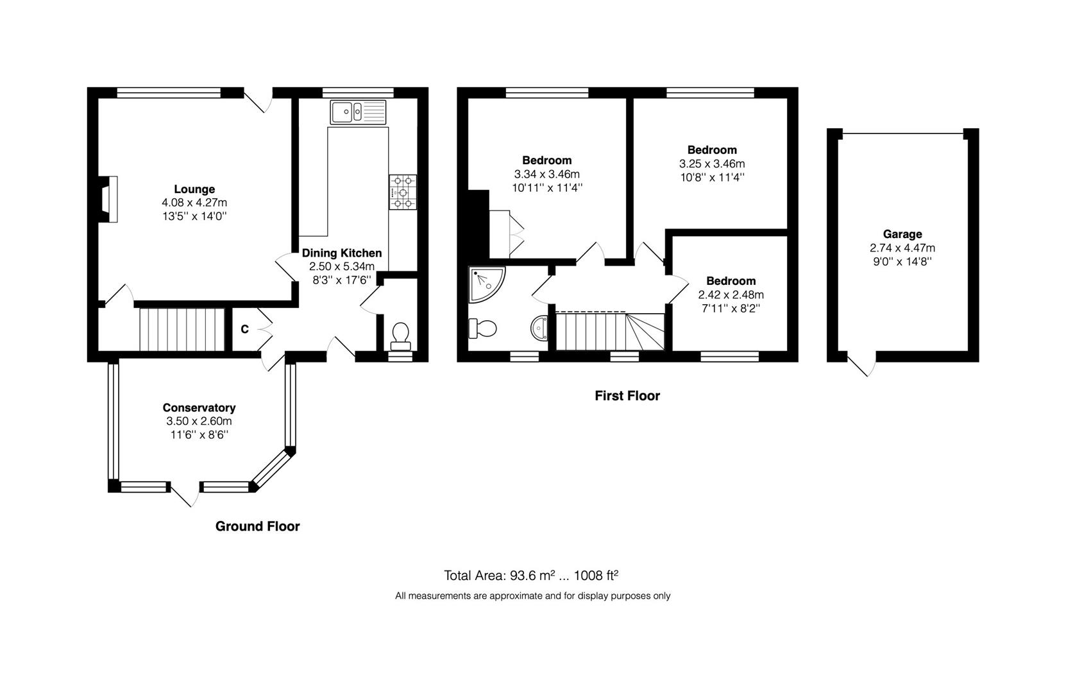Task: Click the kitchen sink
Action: click(358, 112)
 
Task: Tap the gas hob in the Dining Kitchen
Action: click(403, 193)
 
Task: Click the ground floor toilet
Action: click(400, 336)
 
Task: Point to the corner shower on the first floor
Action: click(486, 285)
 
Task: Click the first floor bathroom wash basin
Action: click(539, 328)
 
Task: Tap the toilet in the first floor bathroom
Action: click(482, 328)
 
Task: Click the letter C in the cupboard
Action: click(244, 329)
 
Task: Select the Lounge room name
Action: click(194, 189)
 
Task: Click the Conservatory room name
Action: click(199, 408)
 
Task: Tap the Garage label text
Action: click(902, 234)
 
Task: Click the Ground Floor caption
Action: click(257, 526)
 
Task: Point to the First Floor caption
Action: click(627, 396)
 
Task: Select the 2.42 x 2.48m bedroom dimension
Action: click(731, 295)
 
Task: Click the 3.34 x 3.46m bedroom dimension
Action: click(547, 174)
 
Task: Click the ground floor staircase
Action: click(182, 330)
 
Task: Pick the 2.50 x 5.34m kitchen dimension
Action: click(342, 266)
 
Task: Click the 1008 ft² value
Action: click(596, 576)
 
